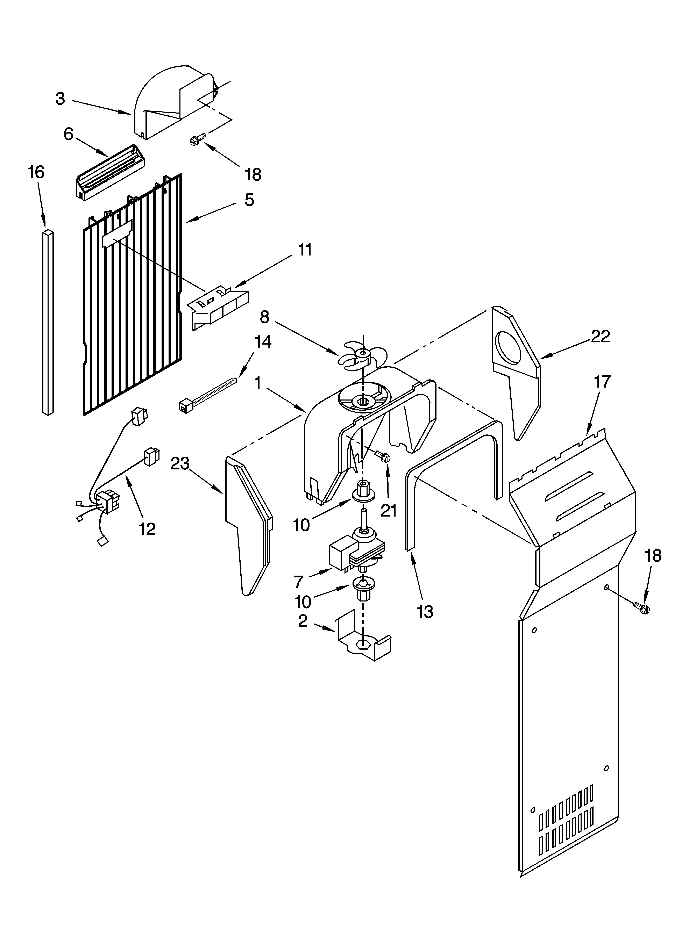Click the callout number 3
click(61, 99)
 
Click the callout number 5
click(249, 200)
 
